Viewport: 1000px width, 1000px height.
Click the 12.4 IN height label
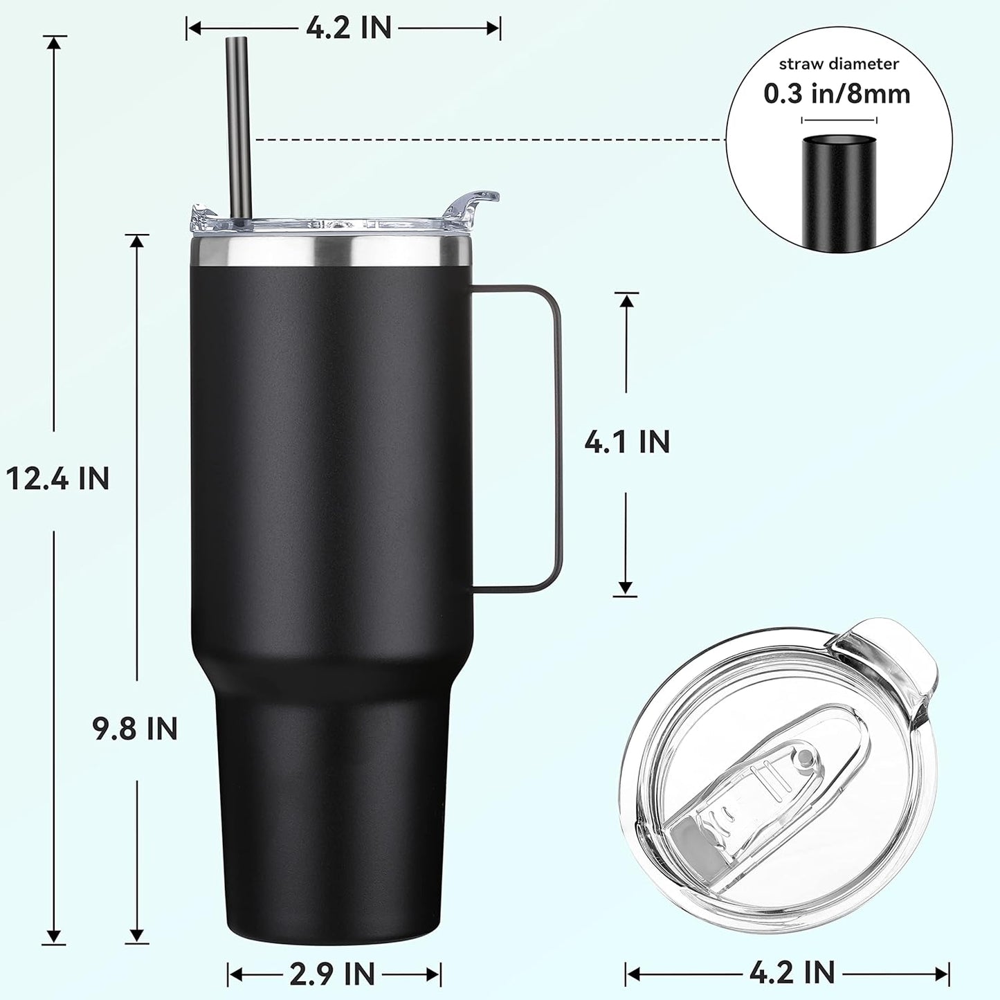pos(58,478)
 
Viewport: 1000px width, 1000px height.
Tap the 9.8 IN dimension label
pos(136,729)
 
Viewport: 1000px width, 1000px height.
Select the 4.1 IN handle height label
pos(627,442)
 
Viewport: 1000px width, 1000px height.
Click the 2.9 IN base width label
pos(332,974)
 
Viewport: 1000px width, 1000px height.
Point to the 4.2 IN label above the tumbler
pos(349,28)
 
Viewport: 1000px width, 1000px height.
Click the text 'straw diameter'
pos(839,64)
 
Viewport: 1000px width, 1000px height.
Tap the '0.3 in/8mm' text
pos(837,93)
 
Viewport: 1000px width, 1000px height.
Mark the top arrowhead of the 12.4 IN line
pos(55,42)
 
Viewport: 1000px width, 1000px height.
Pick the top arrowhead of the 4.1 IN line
pos(626,300)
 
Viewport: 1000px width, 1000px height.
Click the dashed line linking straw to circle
pos(484,140)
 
